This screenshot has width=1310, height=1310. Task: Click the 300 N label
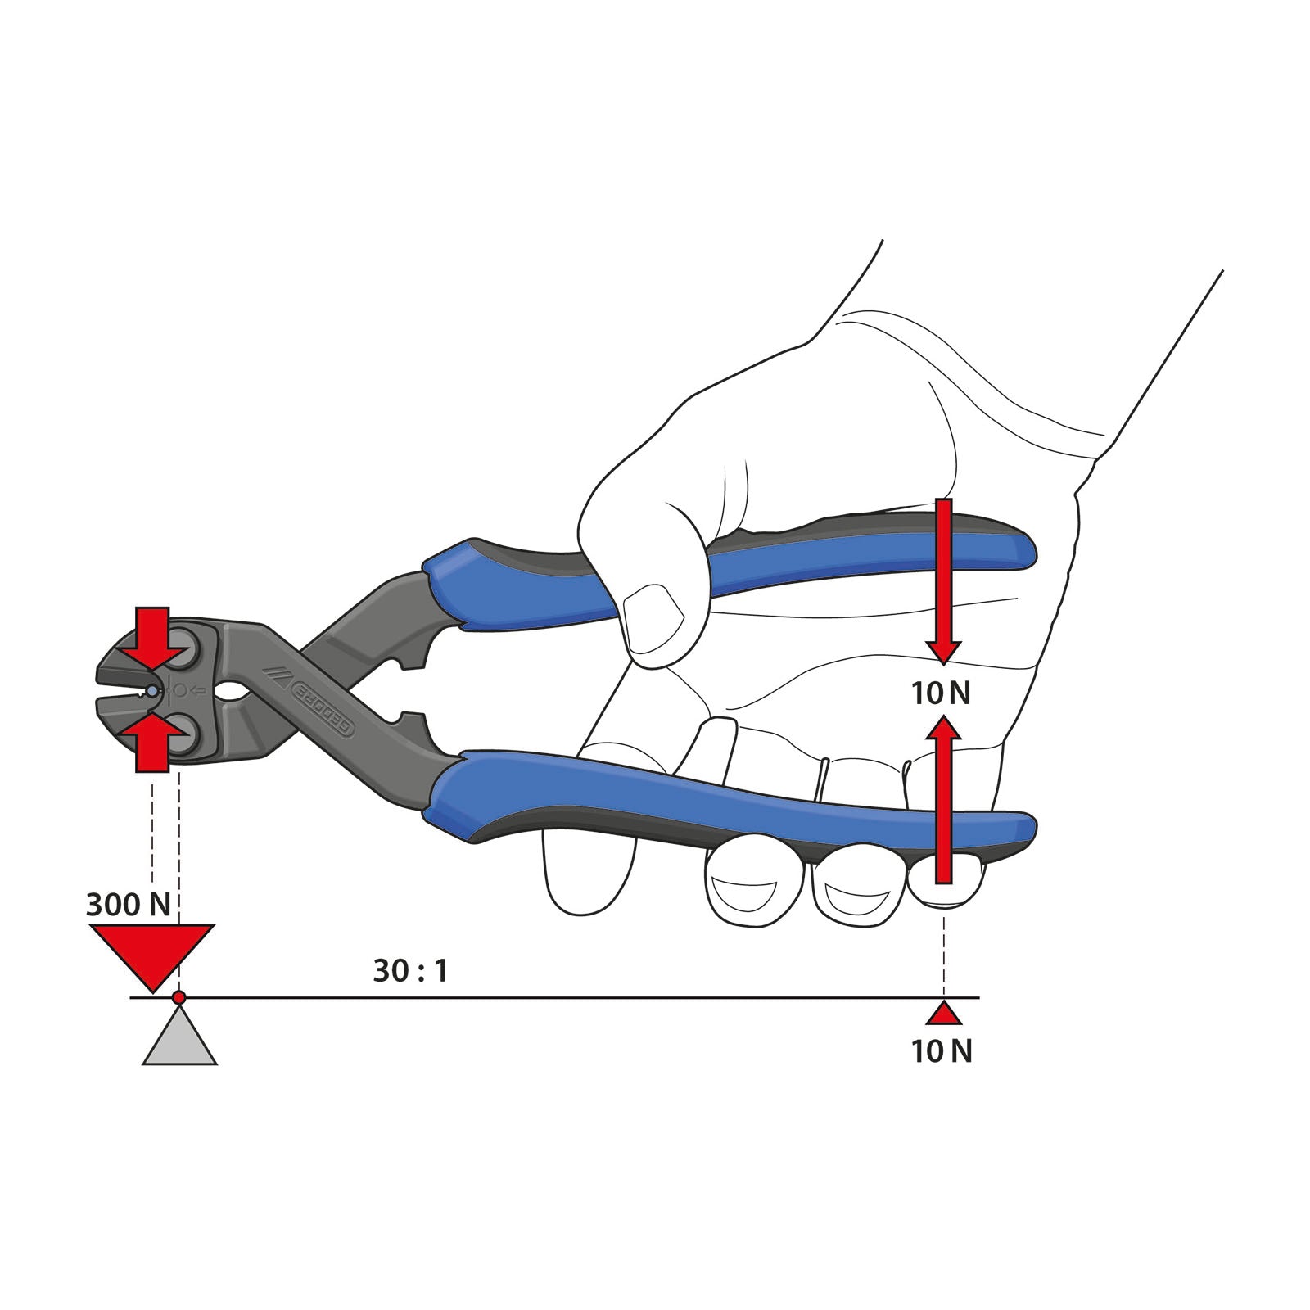129,905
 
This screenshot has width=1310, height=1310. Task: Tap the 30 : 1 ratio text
410,971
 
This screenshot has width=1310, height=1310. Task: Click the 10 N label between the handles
942,693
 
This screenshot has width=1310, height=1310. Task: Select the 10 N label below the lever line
942,1051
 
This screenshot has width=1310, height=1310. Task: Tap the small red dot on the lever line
179,997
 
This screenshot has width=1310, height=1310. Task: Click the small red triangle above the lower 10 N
944,1015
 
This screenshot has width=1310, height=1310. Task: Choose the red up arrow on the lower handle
944,798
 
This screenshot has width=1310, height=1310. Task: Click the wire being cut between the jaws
152,692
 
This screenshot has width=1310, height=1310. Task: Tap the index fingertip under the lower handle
752,888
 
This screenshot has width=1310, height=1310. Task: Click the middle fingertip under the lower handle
856,888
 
